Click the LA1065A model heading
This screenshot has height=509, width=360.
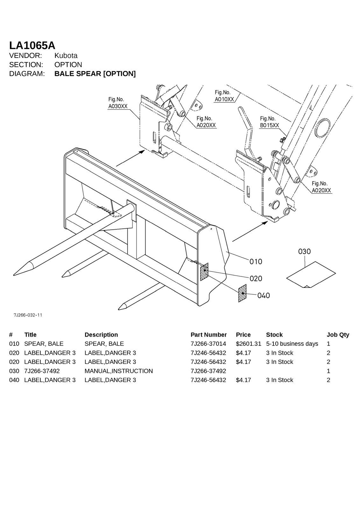pos(32,45)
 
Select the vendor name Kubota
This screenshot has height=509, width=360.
pos(66,56)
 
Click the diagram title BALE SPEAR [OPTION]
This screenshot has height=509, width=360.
pos(95,74)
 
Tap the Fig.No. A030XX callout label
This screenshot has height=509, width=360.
pos(117,103)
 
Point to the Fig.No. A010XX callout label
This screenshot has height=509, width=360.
pos(224,96)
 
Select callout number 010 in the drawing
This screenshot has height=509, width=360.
pos(256,261)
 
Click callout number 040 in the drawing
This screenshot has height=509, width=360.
pos(263,296)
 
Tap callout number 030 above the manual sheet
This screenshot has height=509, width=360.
pos(304,252)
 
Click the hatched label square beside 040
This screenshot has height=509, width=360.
pos(242,293)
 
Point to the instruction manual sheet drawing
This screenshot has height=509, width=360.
pos(311,275)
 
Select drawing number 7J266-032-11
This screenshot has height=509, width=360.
pos(28,315)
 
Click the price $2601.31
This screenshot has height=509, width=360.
pos(248,344)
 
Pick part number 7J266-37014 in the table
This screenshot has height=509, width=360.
pos(208,344)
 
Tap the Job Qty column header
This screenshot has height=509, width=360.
pos(337,335)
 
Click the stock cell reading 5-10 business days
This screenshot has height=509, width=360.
pos(292,344)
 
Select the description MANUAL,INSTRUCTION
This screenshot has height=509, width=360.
pos(118,371)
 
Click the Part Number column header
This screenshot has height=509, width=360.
pos(208,335)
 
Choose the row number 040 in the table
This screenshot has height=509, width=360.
pos(14,380)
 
